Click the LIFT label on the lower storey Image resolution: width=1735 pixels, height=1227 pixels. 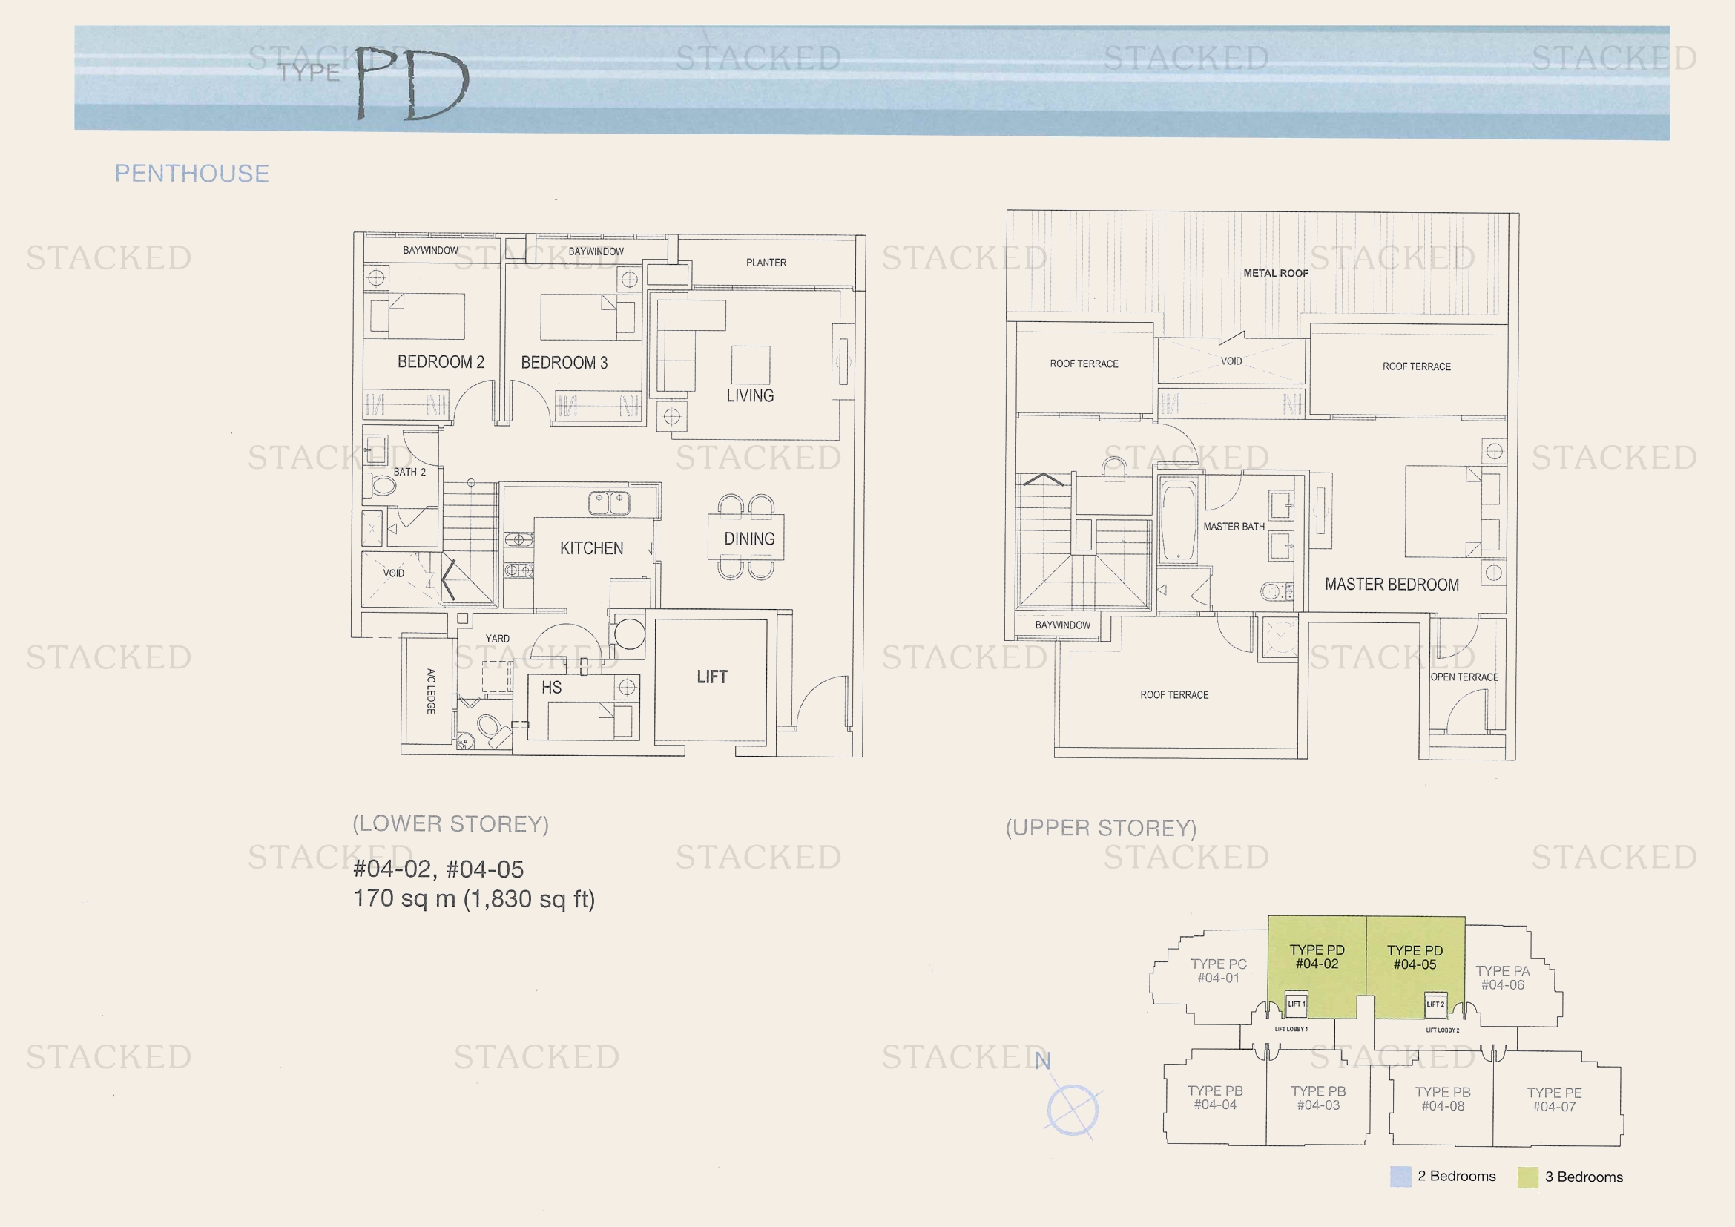point(712,677)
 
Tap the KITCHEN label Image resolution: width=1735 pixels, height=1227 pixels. point(592,547)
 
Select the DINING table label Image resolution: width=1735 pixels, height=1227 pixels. point(750,539)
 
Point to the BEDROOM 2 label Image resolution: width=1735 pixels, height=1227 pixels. point(441,362)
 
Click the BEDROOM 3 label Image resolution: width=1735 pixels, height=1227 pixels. point(564,363)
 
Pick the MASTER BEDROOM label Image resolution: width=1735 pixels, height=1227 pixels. point(1392,584)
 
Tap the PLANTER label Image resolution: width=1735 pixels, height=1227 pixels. point(766,263)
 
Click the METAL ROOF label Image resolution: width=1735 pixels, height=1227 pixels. point(1277,274)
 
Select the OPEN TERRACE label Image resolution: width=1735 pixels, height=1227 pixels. point(1464,677)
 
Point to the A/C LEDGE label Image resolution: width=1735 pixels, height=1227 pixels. point(431,691)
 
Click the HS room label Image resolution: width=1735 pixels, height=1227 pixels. point(552,688)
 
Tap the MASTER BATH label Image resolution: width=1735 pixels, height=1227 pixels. point(1234,527)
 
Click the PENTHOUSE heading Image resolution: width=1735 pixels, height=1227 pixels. point(192,174)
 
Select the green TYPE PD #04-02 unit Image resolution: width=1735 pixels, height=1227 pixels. point(1317,967)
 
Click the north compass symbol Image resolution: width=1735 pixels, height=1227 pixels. point(1073,1109)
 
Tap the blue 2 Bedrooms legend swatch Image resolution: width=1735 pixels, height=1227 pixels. point(1400,1177)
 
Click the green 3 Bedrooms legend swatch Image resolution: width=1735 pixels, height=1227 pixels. point(1528,1177)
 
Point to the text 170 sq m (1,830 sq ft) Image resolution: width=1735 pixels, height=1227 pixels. point(475,899)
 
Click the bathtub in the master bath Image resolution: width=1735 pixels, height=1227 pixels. point(1178,522)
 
